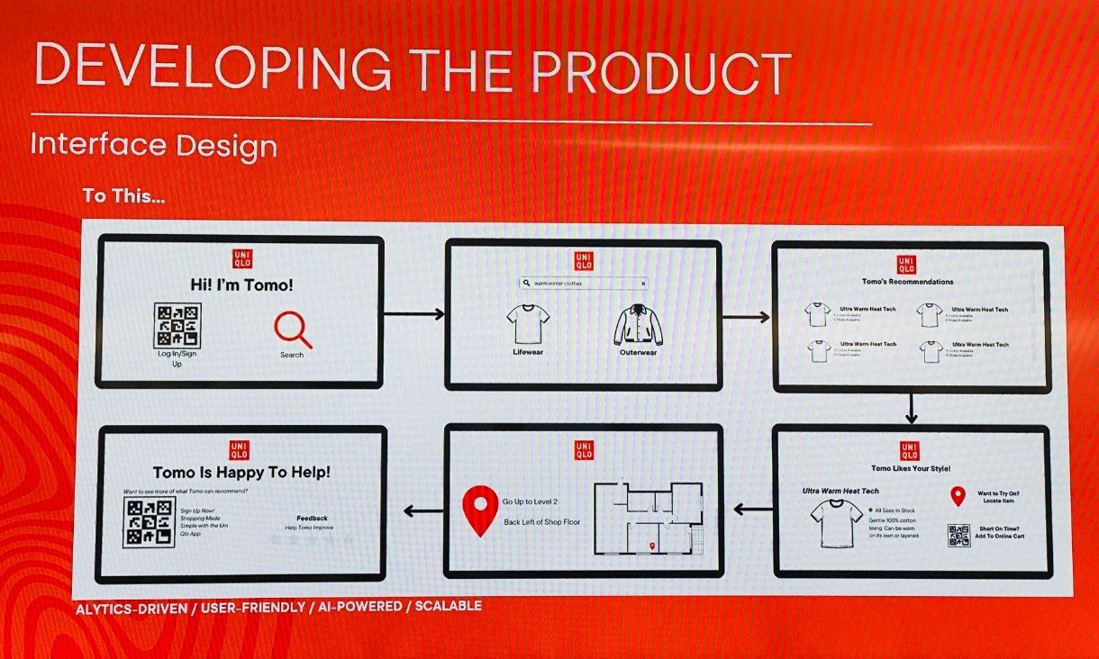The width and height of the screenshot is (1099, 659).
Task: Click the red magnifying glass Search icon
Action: click(x=293, y=329)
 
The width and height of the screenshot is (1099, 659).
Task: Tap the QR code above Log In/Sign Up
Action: click(x=177, y=325)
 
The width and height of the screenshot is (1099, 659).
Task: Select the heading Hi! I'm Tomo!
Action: click(x=241, y=285)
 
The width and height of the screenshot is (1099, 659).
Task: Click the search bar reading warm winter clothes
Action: click(x=584, y=283)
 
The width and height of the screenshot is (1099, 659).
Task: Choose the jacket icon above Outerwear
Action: click(x=638, y=326)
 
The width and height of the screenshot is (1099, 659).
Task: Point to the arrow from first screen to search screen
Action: click(x=414, y=314)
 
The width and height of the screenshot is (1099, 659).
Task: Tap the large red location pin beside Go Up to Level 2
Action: click(x=480, y=509)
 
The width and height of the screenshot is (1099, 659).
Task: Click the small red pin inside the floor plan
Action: click(x=652, y=546)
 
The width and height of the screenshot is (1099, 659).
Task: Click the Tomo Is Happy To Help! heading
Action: click(x=241, y=473)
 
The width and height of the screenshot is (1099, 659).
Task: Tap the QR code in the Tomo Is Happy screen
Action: click(x=149, y=523)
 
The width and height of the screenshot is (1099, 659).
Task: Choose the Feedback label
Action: click(x=312, y=519)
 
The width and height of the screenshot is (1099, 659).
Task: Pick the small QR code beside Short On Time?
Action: click(x=958, y=536)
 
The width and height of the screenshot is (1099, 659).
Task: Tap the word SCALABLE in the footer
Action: click(x=448, y=607)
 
